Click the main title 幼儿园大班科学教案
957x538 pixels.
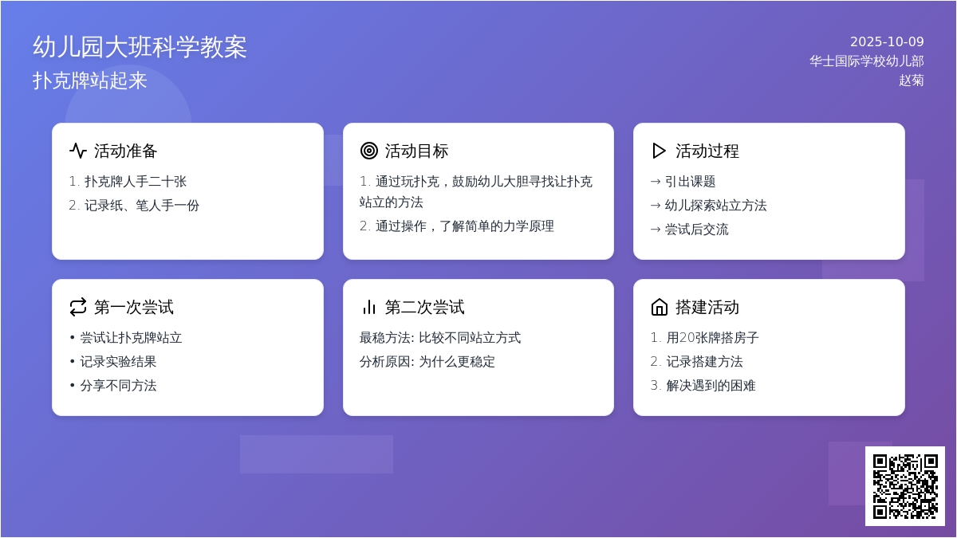140,47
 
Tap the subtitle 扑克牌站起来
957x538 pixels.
90,81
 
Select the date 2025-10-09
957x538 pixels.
886,42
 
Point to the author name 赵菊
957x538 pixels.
911,81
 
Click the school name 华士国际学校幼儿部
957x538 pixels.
866,61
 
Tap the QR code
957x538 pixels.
904,486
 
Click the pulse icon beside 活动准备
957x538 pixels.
78,151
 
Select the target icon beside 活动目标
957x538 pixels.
368,151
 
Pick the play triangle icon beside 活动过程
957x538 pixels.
659,151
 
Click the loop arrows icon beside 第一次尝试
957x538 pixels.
78,307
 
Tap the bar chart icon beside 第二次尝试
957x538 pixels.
368,307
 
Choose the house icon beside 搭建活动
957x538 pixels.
659,307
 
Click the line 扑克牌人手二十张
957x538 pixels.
135,182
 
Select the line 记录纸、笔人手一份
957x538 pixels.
141,206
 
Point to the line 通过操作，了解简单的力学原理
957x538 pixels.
464,226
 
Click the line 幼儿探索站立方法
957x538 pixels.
715,206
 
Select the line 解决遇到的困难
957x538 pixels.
711,386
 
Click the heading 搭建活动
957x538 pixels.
707,307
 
